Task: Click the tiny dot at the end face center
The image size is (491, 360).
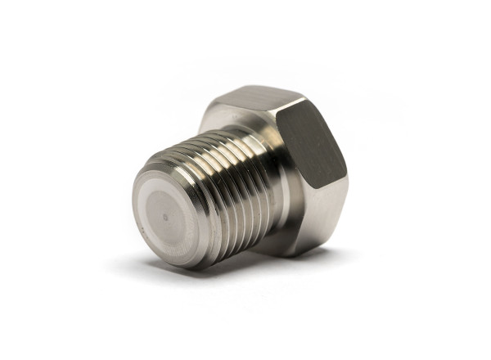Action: (167, 218)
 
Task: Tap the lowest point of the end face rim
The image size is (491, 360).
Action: (176, 266)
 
